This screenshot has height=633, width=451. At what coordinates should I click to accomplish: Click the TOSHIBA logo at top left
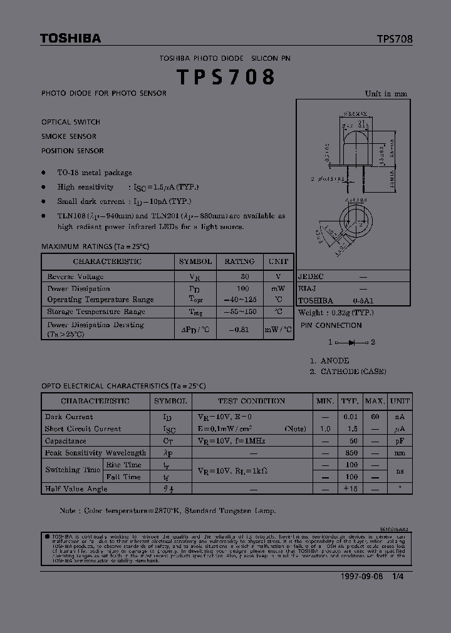coord(70,39)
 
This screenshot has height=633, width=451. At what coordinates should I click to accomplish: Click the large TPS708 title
coord(225,77)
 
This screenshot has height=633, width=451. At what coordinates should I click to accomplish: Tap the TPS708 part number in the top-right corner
coord(395,39)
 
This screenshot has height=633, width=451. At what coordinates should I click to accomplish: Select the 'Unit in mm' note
coord(386,94)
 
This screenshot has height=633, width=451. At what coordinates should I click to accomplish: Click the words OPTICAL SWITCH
coord(71,122)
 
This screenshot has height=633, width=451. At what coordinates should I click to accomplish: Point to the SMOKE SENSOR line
coord(69,136)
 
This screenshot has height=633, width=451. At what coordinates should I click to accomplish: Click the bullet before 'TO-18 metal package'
coord(44,173)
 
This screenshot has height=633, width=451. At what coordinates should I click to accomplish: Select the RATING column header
coord(239,261)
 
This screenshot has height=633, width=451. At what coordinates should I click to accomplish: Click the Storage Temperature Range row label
coord(96,311)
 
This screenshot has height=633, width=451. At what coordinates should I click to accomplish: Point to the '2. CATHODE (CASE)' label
coord(348,372)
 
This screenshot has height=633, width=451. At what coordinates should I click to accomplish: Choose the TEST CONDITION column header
coord(251,401)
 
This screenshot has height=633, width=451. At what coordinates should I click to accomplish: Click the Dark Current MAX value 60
coord(375,417)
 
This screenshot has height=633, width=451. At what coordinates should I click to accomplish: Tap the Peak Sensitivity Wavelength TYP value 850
coord(351,453)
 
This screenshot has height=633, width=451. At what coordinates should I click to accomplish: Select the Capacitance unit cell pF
coord(400,441)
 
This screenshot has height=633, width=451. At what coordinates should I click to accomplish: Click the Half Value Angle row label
coord(76,489)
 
